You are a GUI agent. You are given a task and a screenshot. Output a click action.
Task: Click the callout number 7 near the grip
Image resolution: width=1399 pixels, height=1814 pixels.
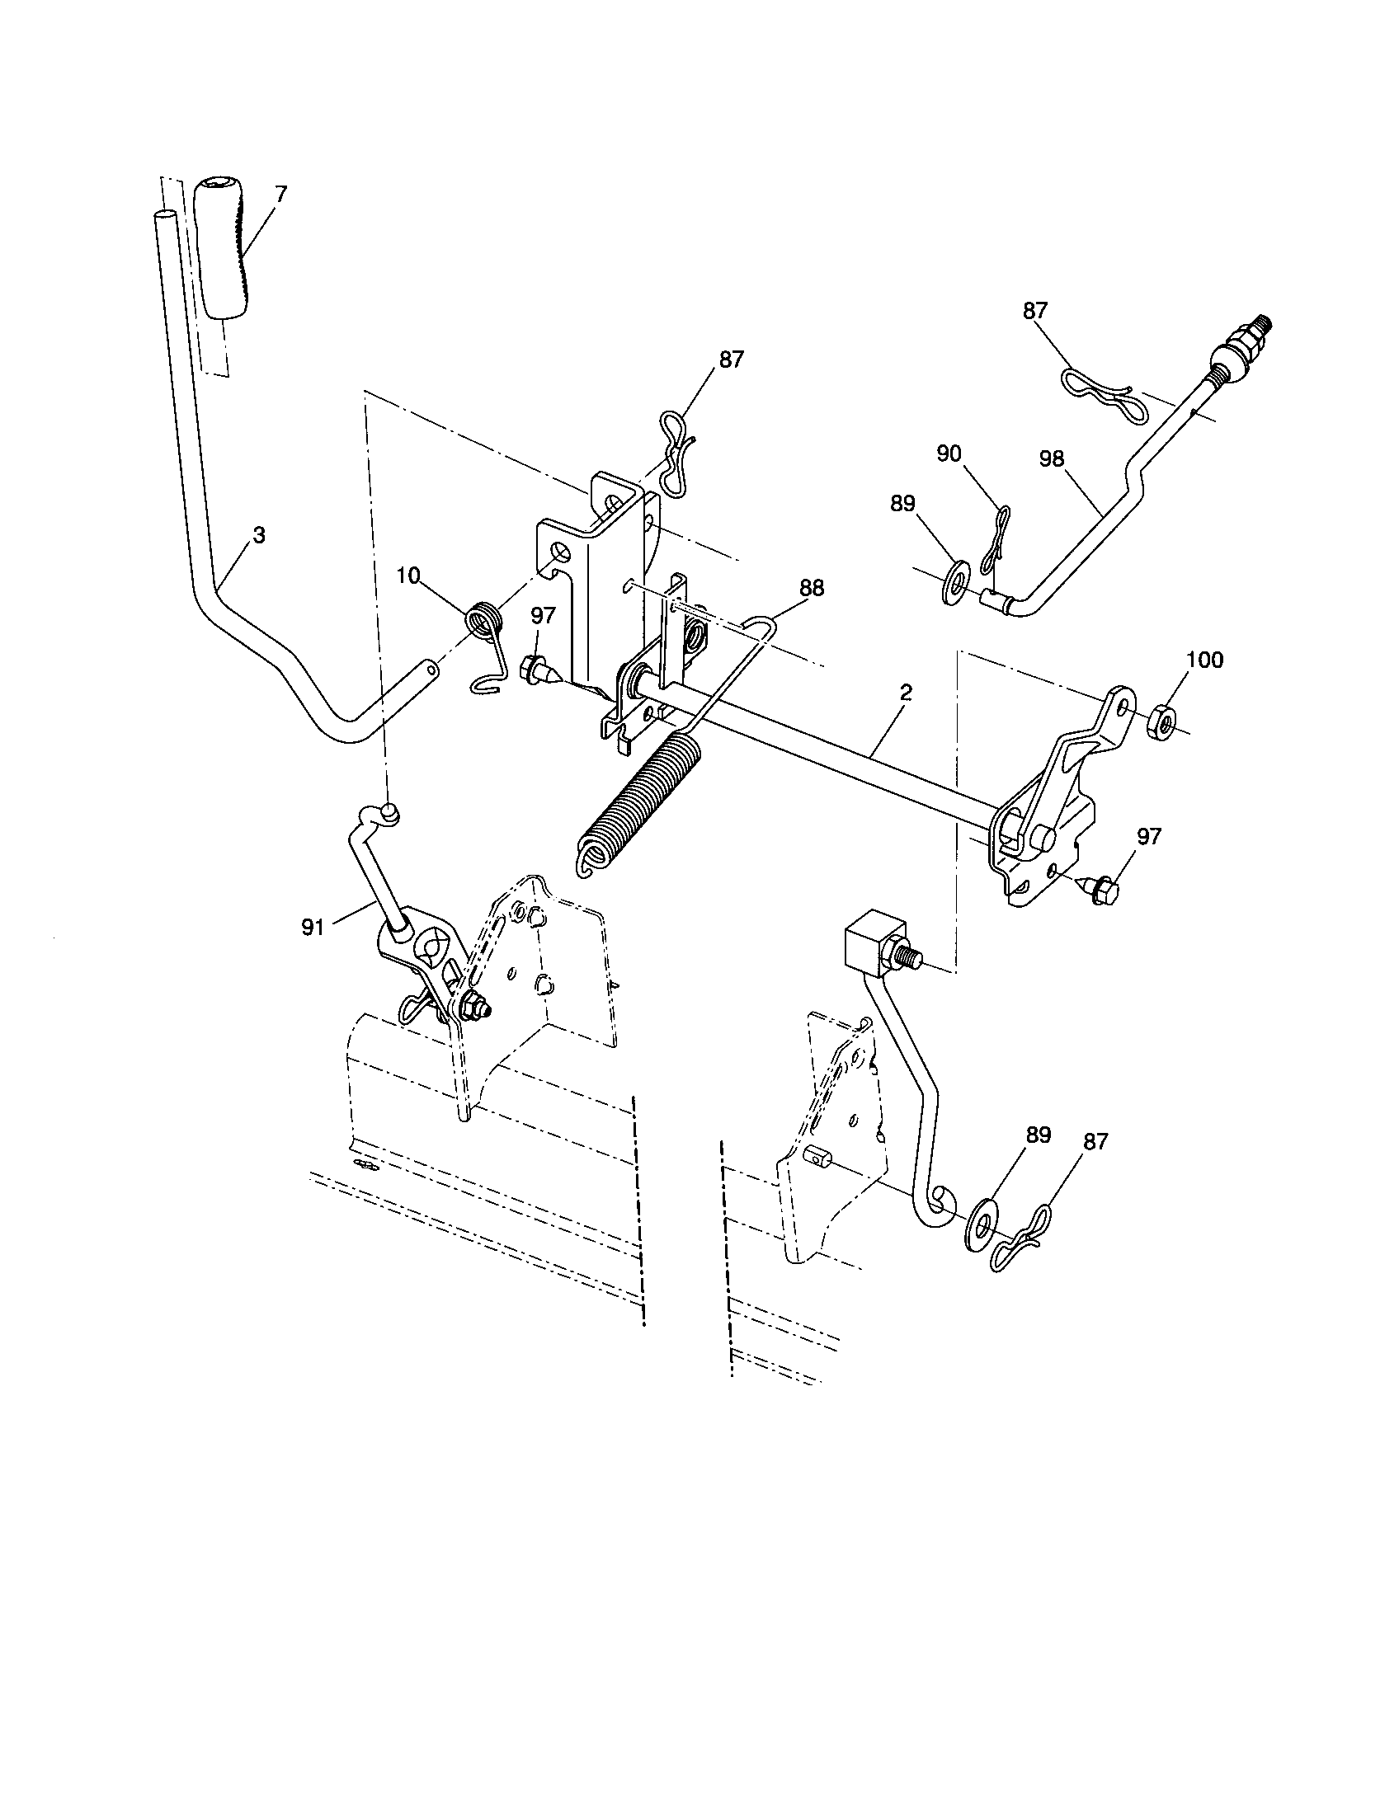[x=280, y=195]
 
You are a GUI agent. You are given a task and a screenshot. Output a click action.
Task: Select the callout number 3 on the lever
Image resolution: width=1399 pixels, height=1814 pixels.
[x=259, y=536]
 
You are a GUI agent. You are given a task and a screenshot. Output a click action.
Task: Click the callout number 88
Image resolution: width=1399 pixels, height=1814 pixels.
[x=811, y=588]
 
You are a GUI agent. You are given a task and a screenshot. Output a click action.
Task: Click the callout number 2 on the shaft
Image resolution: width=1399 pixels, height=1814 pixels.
[x=906, y=692]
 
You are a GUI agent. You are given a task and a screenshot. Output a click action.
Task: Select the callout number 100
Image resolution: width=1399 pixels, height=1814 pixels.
[x=1204, y=660]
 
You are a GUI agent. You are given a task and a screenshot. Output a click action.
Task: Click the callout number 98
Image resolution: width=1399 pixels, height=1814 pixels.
[x=1052, y=458]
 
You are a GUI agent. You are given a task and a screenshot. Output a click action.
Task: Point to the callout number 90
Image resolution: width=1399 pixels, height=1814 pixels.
[x=949, y=453]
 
